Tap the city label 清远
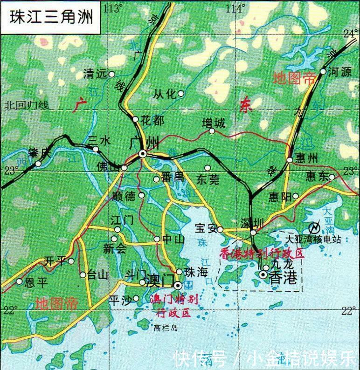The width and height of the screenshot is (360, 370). [x=95, y=74]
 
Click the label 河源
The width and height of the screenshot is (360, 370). [x=339, y=72]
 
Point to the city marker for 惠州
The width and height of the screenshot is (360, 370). [x=290, y=160]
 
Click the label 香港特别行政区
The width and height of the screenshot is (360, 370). [x=262, y=253]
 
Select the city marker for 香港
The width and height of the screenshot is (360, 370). [x=263, y=275]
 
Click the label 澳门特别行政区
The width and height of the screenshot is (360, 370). [x=174, y=305]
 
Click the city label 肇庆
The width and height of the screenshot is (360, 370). [x=39, y=152]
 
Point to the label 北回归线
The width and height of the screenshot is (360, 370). [x=27, y=106]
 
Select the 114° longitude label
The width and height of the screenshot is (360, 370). [x=235, y=8]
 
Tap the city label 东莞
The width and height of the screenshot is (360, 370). [x=208, y=179]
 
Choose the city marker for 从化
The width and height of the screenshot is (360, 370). [x=181, y=94]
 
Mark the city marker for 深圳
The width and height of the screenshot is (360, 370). [x=253, y=232]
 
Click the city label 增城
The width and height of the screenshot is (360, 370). [x=213, y=123]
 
